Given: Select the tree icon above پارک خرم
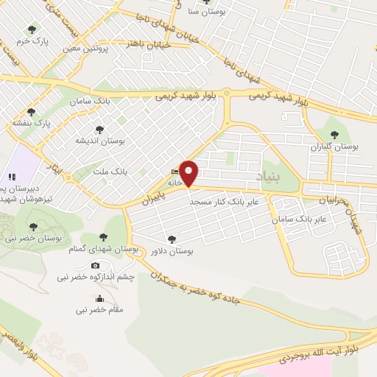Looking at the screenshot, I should pos(30,29).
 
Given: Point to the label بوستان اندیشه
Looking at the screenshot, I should pos(101,140).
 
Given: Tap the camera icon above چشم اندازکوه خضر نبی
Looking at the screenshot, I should pos(96,265).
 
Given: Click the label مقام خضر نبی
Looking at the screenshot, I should pos(99,310).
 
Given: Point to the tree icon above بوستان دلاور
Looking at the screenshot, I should pos(171,239).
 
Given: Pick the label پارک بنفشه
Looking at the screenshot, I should pos(31,123).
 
